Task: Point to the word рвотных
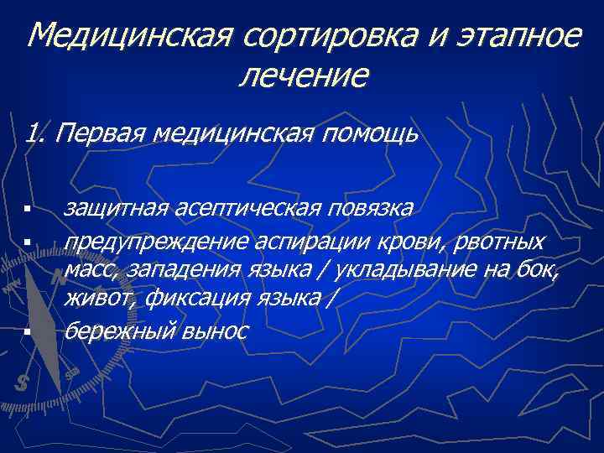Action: tap(500, 242)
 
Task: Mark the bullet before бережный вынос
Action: tap(28, 332)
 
